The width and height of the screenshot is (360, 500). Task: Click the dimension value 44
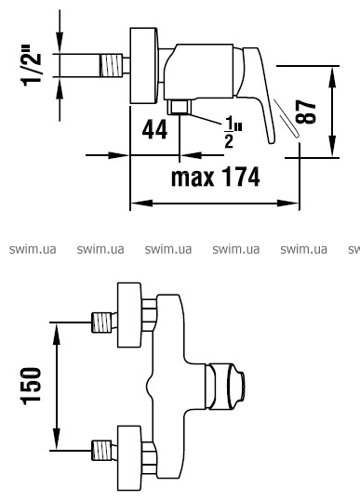pyautogui.click(x=154, y=129)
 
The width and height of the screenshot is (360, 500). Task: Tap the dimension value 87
pyautogui.click(x=306, y=112)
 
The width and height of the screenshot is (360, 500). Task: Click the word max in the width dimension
pyautogui.click(x=193, y=178)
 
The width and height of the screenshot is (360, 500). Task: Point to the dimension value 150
pyautogui.click(x=32, y=387)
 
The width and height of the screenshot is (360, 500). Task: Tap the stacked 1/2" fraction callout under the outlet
pyautogui.click(x=232, y=132)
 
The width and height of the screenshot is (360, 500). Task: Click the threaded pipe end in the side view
pyautogui.click(x=111, y=65)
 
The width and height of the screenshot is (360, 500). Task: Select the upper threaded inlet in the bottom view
pyautogui.click(x=101, y=322)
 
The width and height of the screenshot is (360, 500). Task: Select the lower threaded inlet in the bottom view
pyautogui.click(x=101, y=450)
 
